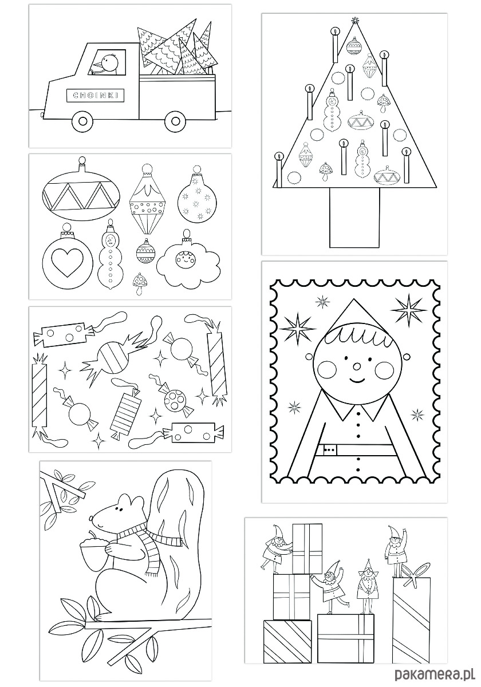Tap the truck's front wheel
pos(82,122)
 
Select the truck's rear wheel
pos(175,121)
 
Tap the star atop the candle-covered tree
pos(355,21)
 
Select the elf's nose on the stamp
pos(357,366)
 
